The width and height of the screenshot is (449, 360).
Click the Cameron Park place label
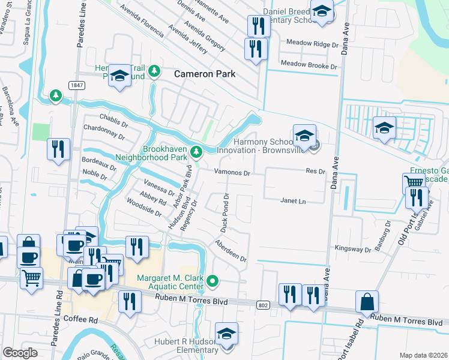[205, 74]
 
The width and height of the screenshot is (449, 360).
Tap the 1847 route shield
[76, 86]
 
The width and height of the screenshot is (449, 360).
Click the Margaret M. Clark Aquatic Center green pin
[212, 280]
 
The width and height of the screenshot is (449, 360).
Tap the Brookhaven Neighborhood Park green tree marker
[196, 151]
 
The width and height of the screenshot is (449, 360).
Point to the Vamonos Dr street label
[232, 172]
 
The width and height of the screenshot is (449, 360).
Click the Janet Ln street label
[294, 201]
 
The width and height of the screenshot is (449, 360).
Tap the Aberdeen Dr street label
[231, 250]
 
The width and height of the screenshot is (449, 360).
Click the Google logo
[20, 353]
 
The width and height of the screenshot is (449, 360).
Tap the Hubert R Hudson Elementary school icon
[227, 334]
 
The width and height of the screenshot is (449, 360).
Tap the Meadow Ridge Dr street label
[309, 44]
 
